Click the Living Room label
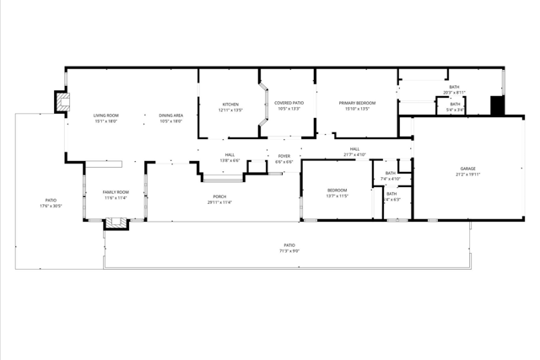pos(105,115)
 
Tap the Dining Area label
pos(171,115)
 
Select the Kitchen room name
pos(230,105)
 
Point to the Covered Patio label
pos(288,103)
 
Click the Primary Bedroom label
pos(357,103)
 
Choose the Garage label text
pos(467,169)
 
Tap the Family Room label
pos(116,192)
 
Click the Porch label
pos(219,197)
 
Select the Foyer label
pos(284,156)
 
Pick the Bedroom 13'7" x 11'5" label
pos(337,191)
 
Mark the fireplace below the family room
pos(114,224)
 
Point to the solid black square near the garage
pos(497,105)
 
